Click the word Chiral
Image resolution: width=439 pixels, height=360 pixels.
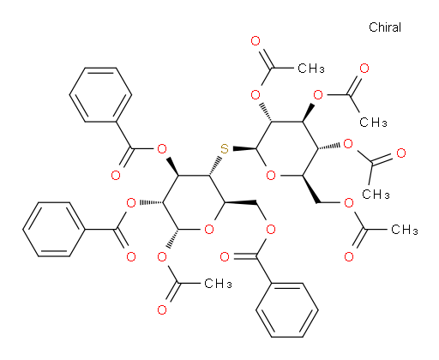point(385,27)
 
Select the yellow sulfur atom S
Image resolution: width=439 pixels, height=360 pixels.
point(225,149)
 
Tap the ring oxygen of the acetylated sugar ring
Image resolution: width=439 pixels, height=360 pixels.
point(271,175)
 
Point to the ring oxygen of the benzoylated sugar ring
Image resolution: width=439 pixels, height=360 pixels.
point(209,229)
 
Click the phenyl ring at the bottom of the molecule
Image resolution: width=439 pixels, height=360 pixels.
point(287,310)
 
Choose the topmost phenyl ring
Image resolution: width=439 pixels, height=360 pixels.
point(100,95)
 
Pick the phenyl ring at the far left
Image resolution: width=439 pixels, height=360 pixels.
point(54,229)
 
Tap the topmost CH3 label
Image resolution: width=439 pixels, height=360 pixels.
point(311,69)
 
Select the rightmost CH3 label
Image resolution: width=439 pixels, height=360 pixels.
point(405,230)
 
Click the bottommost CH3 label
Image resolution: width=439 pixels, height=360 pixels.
point(218,284)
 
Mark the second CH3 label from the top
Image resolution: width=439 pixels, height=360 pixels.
point(373,123)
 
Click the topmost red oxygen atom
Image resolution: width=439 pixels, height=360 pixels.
point(256,41)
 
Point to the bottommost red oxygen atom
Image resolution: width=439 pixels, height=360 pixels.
point(162,309)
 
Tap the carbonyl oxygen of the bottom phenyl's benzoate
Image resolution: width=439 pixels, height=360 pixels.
point(225,256)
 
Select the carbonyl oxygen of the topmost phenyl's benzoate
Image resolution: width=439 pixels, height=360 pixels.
point(116,175)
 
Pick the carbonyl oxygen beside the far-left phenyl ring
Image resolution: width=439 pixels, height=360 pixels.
point(131,256)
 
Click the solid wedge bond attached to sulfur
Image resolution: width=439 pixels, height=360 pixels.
point(244,148)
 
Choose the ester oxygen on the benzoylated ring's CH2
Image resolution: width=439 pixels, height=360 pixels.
point(271,229)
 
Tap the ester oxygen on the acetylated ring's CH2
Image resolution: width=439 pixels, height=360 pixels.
point(349,203)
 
